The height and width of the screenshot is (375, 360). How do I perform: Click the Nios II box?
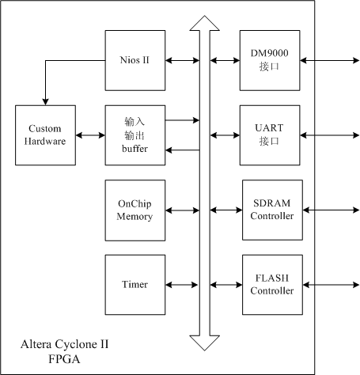click(135, 60)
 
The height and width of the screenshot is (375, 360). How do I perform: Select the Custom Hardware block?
click(45, 135)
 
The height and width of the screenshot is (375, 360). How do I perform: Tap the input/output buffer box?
click(135, 135)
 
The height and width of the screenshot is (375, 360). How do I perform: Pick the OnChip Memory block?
click(135, 210)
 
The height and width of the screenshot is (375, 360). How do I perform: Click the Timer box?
click(135, 285)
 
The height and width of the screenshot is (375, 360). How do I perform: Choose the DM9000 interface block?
click(270, 60)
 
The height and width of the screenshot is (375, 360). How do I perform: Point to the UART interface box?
click(270, 135)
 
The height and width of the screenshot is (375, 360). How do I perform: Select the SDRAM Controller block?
click(272, 210)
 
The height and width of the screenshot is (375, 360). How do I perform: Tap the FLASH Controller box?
click(272, 285)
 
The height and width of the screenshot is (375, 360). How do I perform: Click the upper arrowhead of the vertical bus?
click(205, 24)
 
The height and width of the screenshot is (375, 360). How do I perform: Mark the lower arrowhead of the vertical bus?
click(205, 343)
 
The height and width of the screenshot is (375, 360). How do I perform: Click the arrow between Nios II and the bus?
click(182, 61)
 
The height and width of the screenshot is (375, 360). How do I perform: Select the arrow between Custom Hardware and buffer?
click(90, 135)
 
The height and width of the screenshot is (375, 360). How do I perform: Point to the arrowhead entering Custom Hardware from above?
click(45, 102)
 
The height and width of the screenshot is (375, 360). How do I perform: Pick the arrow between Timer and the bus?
click(181, 285)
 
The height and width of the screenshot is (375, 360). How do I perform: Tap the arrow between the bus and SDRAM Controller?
click(226, 210)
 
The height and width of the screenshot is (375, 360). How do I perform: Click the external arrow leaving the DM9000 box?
click(330, 61)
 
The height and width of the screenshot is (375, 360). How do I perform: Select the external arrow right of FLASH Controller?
click(331, 285)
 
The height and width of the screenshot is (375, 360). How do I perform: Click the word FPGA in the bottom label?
click(64, 359)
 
